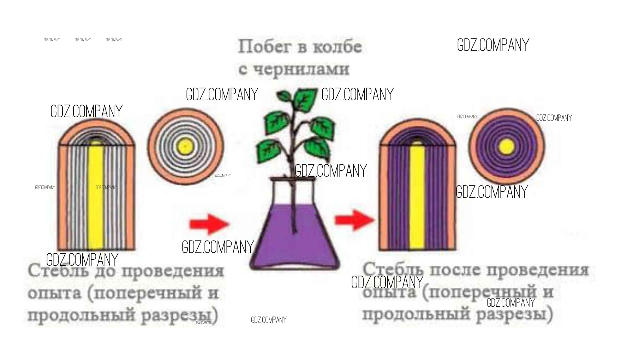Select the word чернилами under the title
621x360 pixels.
(x=301, y=69)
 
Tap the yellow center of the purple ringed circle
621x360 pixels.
(x=507, y=146)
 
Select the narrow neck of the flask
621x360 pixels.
(x=293, y=191)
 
